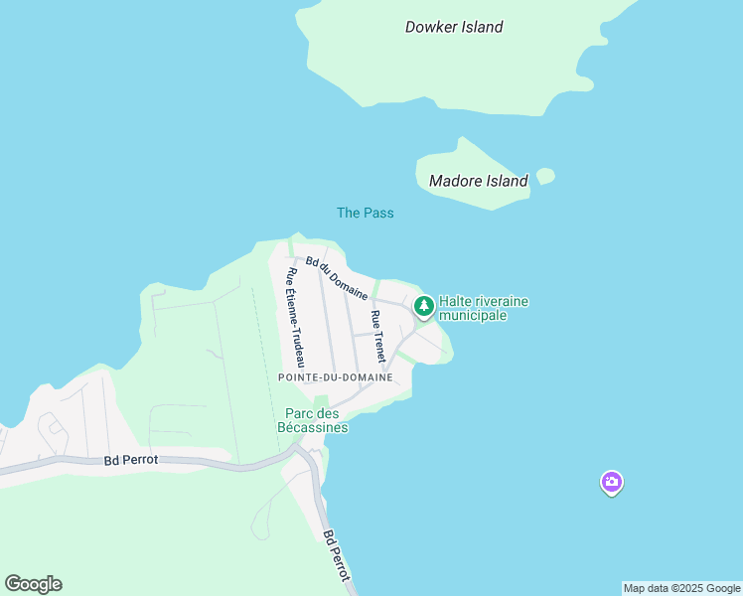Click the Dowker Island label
coord(454,27)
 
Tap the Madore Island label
coord(478,181)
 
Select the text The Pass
coord(366,213)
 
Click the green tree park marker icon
coord(424,306)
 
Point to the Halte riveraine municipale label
coord(484,308)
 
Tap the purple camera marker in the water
coord(611,483)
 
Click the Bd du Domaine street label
coord(338,279)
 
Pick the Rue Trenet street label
coord(377,336)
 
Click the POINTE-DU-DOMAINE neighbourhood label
coord(329,377)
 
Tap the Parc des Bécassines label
coord(317,420)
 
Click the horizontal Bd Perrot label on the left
coord(131,460)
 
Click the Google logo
coord(33,584)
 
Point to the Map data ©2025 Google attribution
coord(682,588)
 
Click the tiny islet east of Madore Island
coord(545,176)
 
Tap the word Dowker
coord(431,27)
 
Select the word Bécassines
coord(317,427)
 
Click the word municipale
coord(473,316)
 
